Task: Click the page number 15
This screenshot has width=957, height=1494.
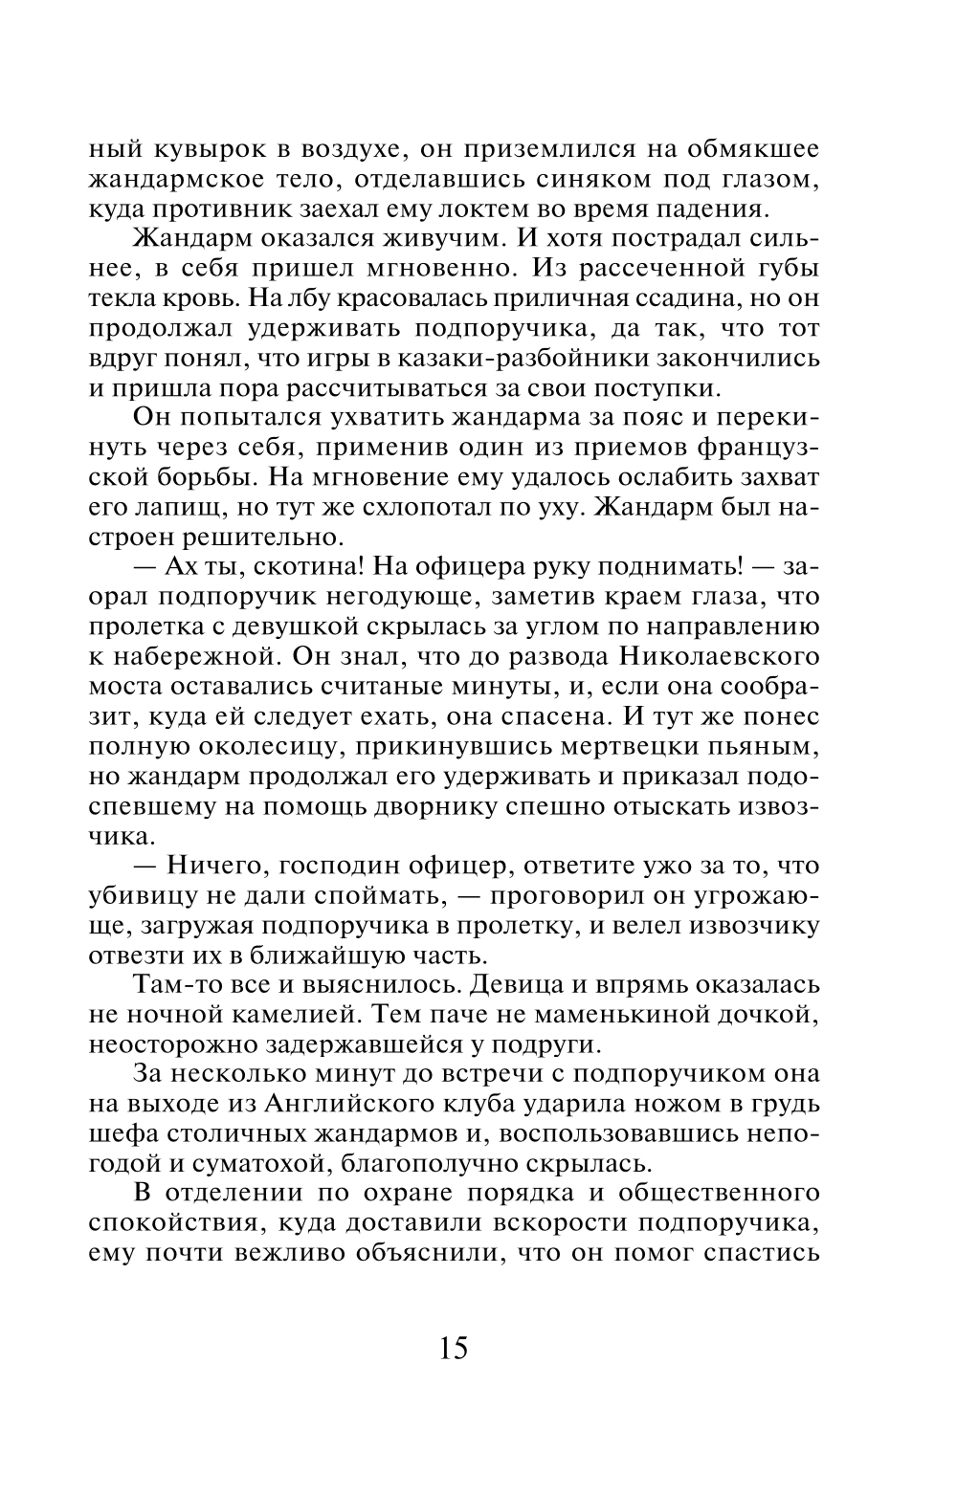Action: [x=454, y=1348]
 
